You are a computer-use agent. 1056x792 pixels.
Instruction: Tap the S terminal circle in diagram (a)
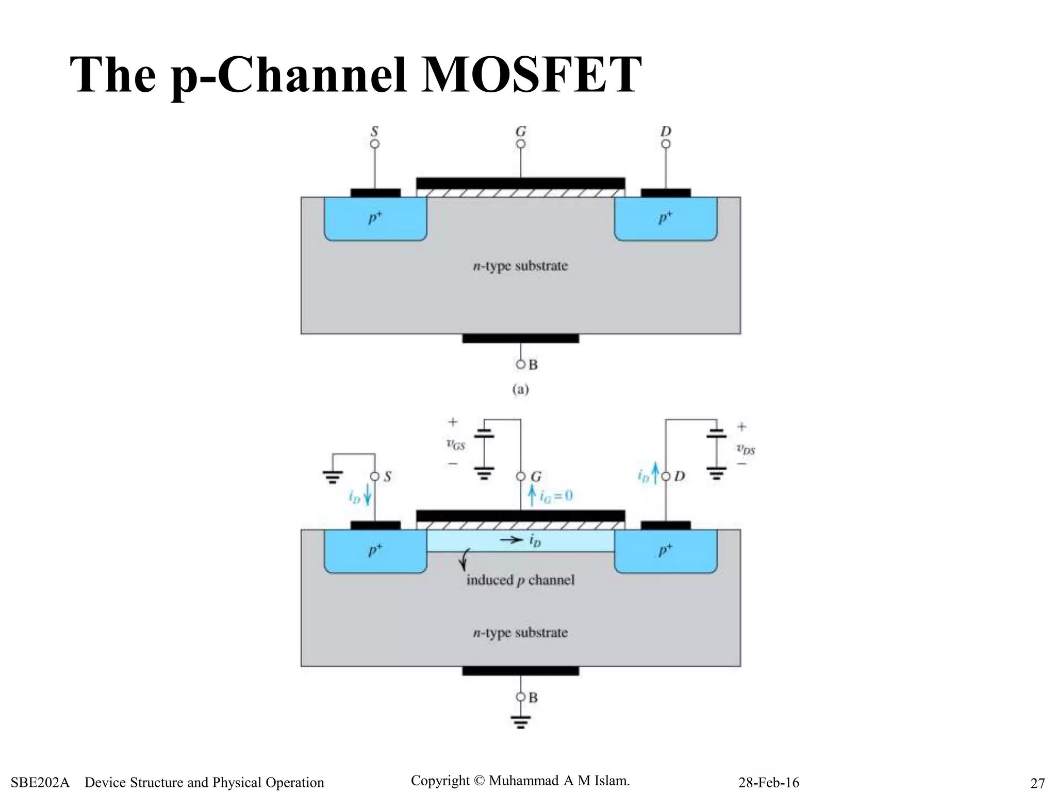point(375,144)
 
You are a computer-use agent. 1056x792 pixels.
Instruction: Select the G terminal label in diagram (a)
point(521,131)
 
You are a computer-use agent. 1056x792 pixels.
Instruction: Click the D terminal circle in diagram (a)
point(666,144)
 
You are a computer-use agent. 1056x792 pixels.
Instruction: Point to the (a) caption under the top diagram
point(520,389)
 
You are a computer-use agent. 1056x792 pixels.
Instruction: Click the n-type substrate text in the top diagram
point(520,266)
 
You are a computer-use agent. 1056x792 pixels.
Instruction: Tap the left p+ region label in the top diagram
point(375,218)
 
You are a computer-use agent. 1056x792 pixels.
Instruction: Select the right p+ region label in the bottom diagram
point(666,550)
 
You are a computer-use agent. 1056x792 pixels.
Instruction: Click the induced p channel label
point(520,580)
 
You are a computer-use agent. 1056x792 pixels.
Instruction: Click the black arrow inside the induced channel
point(511,540)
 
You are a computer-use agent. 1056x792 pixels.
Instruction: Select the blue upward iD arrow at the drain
point(655,474)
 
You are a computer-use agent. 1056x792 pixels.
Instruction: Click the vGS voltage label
point(455,444)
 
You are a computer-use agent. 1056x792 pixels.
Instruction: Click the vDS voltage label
point(746,449)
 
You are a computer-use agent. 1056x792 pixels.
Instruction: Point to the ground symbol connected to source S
point(333,477)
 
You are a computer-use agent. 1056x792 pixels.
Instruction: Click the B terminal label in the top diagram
point(533,365)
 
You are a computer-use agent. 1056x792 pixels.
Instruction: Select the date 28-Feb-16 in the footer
point(768,783)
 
